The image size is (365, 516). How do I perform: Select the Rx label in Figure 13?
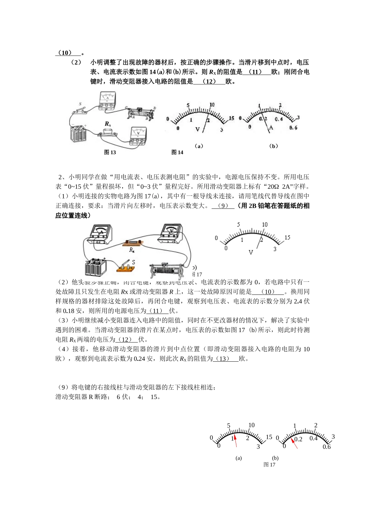coord(108,124)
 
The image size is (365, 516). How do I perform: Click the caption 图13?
coord(110,152)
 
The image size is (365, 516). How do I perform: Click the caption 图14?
coord(177,152)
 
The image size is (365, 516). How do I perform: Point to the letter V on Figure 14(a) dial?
coord(198,129)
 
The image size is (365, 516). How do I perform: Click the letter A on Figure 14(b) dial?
coord(271,128)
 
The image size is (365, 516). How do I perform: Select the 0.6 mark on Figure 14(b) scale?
coord(293,127)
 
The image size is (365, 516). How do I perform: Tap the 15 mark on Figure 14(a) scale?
coord(231,118)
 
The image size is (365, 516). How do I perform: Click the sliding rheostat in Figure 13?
coord(141,114)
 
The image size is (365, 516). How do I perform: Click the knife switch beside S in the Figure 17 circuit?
coord(125,268)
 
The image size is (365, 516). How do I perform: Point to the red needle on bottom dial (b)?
coord(294,443)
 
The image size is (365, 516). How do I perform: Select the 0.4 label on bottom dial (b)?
coord(314,438)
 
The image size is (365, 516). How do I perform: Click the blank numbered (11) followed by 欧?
coord(256,72)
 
